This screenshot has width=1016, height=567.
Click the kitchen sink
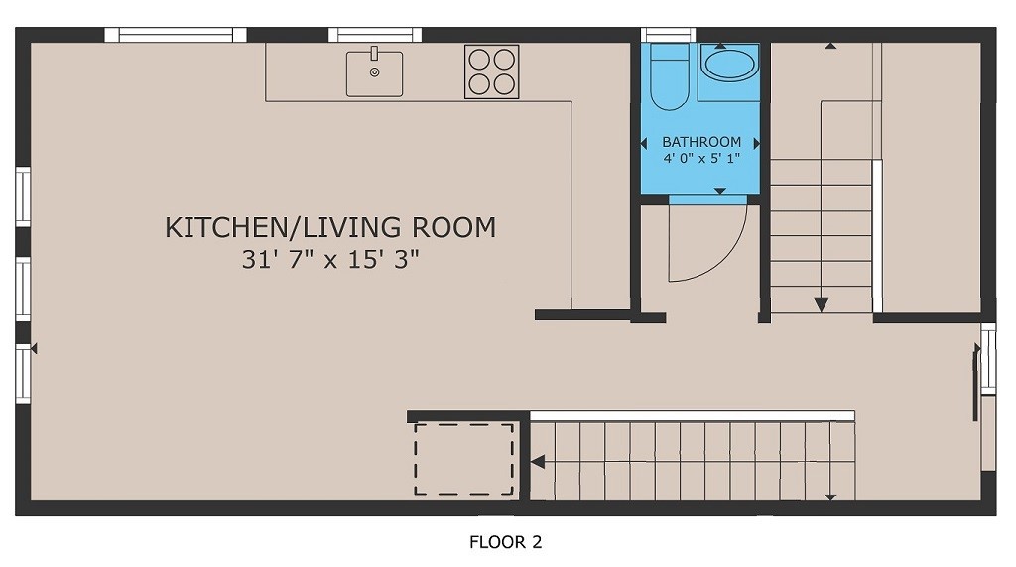pos(374,73)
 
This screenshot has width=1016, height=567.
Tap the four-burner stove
pos(491,71)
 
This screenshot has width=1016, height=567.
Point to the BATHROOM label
pos(701,142)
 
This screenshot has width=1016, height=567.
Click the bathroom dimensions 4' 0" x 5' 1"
pos(701,158)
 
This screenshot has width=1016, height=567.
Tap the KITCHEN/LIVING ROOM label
pos(329,227)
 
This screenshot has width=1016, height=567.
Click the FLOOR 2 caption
pos(505,542)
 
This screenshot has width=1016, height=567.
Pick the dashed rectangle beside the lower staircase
pos(463,460)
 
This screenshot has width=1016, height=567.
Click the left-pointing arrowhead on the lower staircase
pos(537,462)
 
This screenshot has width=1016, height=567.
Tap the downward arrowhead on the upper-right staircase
pos(822,304)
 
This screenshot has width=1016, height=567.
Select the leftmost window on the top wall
pos(176,35)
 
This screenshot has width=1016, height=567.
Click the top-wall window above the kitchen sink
pos(374,35)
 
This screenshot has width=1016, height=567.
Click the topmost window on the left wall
pos(22,197)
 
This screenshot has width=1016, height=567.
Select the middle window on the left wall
pos(22,288)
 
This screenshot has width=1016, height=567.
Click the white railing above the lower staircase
pos(692,415)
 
